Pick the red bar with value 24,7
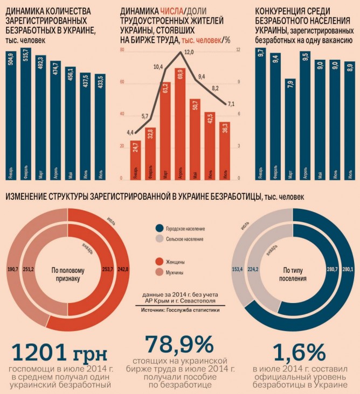pyautogui.click(x=136, y=159)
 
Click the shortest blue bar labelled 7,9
pyautogui.click(x=290, y=129)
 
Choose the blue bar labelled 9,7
pyautogui.click(x=261, y=113)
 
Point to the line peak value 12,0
pyautogui.click(x=188, y=52)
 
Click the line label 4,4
pyautogui.click(x=130, y=131)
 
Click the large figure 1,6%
pyautogui.click(x=299, y=353)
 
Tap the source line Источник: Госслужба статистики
pyautogui.click(x=180, y=310)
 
